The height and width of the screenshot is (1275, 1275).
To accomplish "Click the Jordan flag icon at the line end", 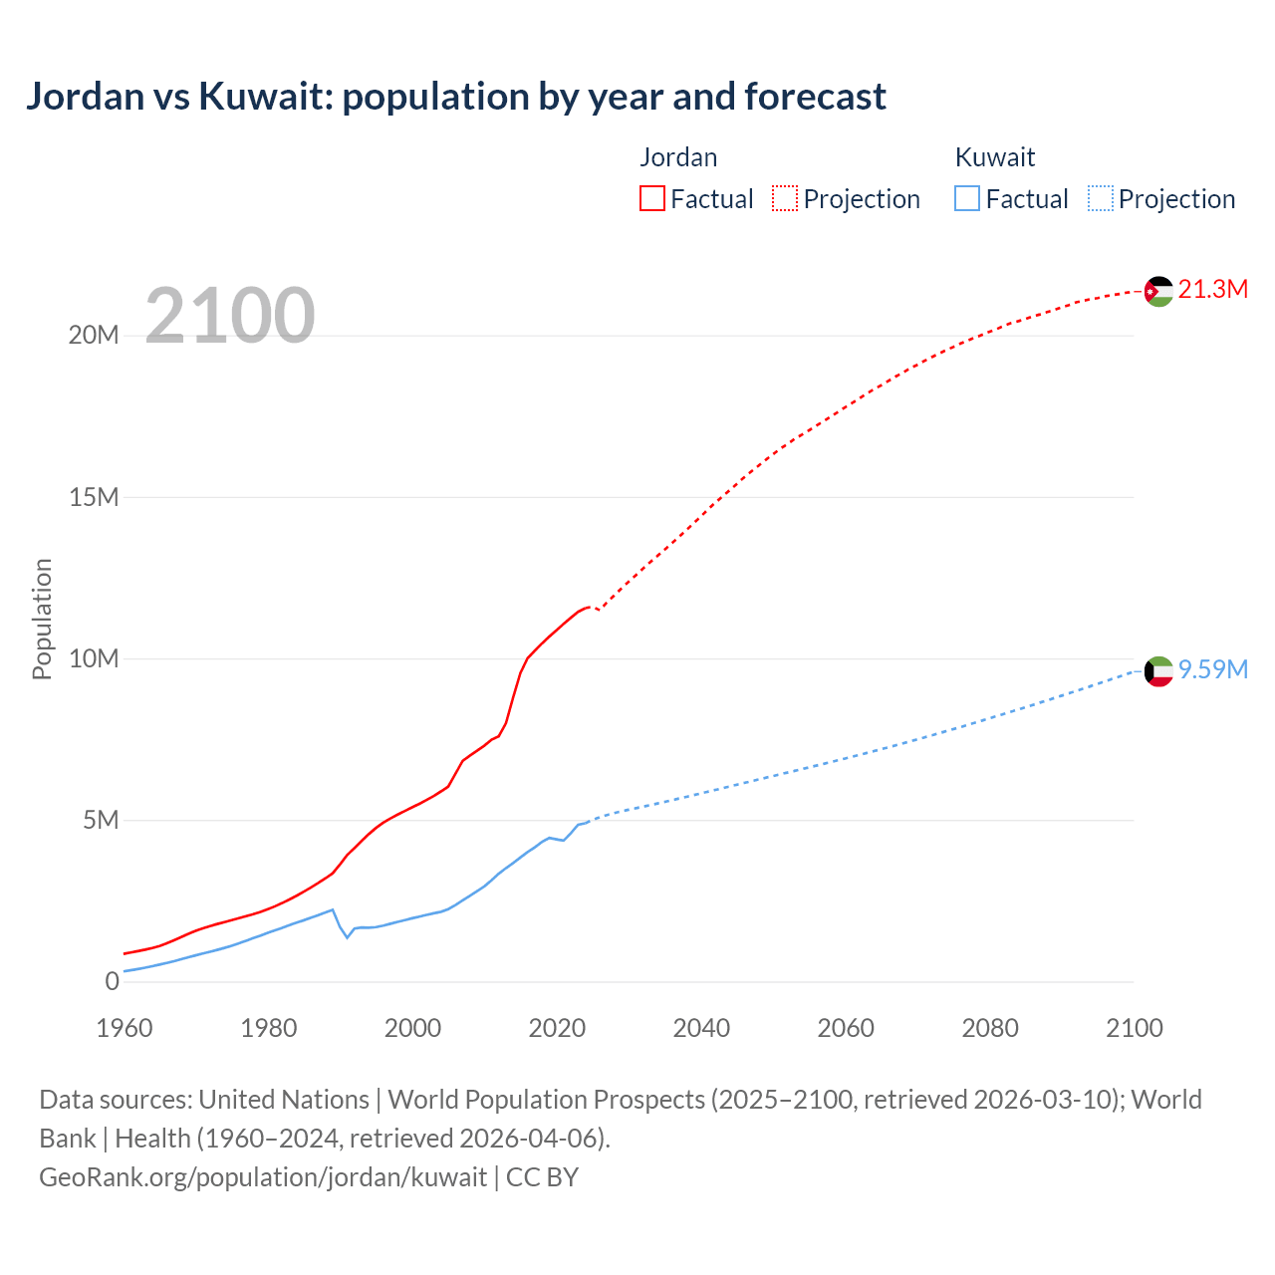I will pos(1158,291).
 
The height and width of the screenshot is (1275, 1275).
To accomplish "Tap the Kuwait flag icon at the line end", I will pos(1158,671).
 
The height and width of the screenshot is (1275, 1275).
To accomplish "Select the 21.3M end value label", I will pos(1212,290).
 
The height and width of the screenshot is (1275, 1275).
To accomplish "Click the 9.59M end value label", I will pos(1212,669).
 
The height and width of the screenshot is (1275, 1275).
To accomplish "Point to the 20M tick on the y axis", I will pos(94,336).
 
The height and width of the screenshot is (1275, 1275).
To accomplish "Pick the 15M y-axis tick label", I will pos(94,497).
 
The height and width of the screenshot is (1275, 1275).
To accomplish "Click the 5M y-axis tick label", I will pos(101,821).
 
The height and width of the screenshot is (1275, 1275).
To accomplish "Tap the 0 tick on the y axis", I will pos(112,982).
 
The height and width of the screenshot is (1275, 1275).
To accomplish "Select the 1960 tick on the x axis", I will pos(125,1028).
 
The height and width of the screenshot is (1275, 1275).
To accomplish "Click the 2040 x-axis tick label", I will pos(701,1028).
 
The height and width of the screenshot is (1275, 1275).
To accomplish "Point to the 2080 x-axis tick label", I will pos(990,1028).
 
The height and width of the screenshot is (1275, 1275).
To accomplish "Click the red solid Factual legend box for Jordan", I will pos(652,198).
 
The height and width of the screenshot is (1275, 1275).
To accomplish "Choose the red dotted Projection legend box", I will pos(785,198).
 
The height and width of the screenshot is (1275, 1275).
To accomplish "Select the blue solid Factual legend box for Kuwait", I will pos(967,198).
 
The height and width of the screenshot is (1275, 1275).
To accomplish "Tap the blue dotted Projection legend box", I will pos(1101,198).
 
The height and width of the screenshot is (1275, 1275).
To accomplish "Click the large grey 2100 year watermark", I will pos(230,316).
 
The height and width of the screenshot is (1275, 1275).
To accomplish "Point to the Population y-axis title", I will pos(42,619).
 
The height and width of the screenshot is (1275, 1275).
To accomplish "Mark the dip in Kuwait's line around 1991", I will pos(348,937).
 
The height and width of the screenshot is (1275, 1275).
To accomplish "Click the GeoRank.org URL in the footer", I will pos(263,1177).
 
